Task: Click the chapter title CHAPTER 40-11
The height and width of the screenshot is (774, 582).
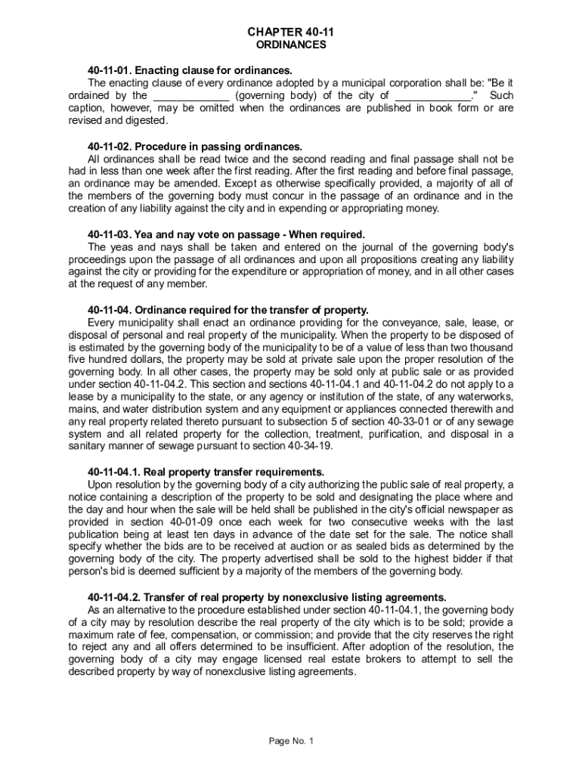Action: point(291,33)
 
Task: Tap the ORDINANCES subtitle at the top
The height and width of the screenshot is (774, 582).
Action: point(291,45)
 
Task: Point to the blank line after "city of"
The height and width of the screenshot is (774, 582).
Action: point(433,96)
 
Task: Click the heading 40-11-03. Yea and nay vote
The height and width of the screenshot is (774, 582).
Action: point(227,234)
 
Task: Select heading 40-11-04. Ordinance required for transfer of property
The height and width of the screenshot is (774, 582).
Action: point(228,310)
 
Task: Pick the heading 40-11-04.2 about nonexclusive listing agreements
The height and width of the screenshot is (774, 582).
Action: point(262,597)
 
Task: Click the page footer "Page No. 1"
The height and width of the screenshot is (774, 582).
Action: point(291,741)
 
